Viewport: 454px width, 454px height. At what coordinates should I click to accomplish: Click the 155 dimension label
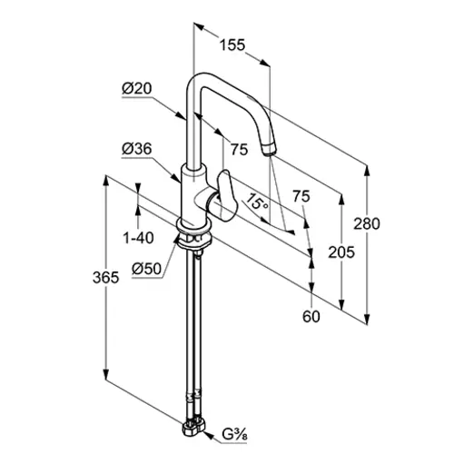232,45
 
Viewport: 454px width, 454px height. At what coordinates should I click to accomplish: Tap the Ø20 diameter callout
137,89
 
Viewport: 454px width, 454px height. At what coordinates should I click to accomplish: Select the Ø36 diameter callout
137,149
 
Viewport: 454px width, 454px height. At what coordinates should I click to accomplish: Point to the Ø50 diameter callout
147,269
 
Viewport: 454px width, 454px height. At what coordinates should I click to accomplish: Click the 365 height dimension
106,278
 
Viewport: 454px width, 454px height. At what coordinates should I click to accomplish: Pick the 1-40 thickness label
138,238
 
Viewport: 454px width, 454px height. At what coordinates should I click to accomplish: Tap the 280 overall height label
367,224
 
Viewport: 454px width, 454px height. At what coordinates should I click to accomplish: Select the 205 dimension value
341,252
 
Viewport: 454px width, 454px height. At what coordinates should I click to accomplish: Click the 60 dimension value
311,317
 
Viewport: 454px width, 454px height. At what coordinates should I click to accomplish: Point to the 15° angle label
256,202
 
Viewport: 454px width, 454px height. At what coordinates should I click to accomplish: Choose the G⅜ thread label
235,435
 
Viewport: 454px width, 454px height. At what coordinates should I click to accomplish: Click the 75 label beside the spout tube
240,150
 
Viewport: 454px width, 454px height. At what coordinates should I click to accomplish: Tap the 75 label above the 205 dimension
301,196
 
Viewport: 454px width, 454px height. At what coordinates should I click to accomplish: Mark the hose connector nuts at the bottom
193,427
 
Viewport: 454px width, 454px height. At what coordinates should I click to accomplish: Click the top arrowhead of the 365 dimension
106,181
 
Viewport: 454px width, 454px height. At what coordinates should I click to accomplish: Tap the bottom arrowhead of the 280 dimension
367,319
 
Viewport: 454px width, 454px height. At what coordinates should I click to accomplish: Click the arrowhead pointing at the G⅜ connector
209,435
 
